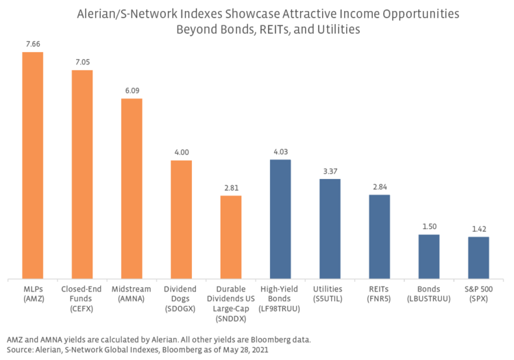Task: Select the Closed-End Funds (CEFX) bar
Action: point(82,175)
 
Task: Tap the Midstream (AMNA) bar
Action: point(132,189)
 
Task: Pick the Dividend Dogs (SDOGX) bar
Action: point(181,220)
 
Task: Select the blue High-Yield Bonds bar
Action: point(280,219)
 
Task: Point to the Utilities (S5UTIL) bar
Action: point(330,229)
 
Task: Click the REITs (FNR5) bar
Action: point(379,237)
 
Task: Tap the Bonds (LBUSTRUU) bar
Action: point(428,257)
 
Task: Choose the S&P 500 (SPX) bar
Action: point(478,259)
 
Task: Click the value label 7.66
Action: point(33,45)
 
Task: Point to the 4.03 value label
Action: point(280,152)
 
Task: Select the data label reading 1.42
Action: point(478,229)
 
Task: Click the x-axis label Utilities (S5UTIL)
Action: point(330,294)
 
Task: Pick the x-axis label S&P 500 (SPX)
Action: point(478,294)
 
